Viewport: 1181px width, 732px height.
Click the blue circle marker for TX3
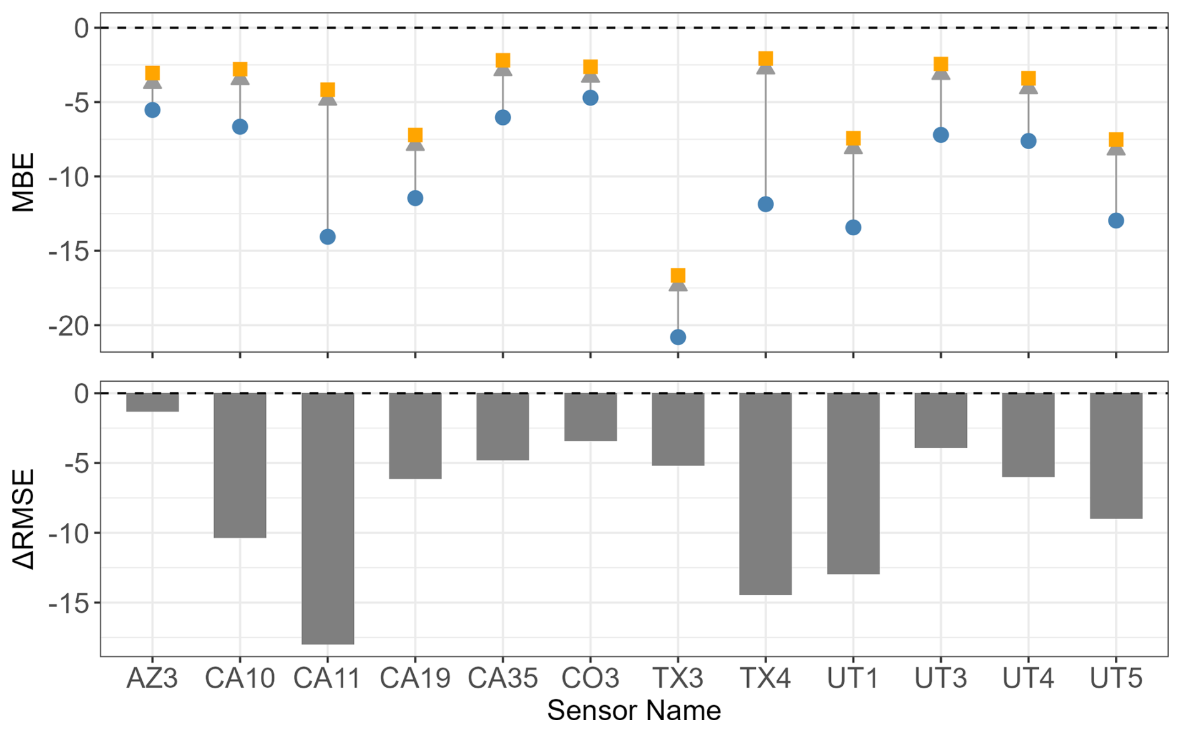pos(678,338)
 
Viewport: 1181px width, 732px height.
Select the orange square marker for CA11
pos(328,90)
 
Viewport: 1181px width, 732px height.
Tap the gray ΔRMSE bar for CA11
pos(328,518)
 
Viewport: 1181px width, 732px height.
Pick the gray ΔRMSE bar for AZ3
pos(152,402)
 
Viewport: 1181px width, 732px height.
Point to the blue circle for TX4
pos(766,205)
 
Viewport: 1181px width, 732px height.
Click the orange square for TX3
pos(678,276)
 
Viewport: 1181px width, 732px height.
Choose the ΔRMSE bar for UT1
pos(853,483)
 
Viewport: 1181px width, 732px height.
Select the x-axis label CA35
pos(502,678)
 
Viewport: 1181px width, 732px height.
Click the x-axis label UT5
pos(1116,678)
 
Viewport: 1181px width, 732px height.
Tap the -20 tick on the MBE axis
pos(70,326)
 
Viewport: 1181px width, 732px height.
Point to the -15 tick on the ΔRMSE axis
pos(70,603)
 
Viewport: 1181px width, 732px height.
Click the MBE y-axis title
pos(24,182)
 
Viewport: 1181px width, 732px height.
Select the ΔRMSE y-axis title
pos(24,519)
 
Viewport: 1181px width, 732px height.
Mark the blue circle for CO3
pos(590,98)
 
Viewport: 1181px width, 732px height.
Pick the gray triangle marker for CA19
pos(415,145)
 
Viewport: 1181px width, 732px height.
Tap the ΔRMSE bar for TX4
pos(766,493)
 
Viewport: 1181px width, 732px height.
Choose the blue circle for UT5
pos(1116,221)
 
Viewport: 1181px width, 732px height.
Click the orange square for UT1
pos(853,139)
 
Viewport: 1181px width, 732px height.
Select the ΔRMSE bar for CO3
pos(590,417)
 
